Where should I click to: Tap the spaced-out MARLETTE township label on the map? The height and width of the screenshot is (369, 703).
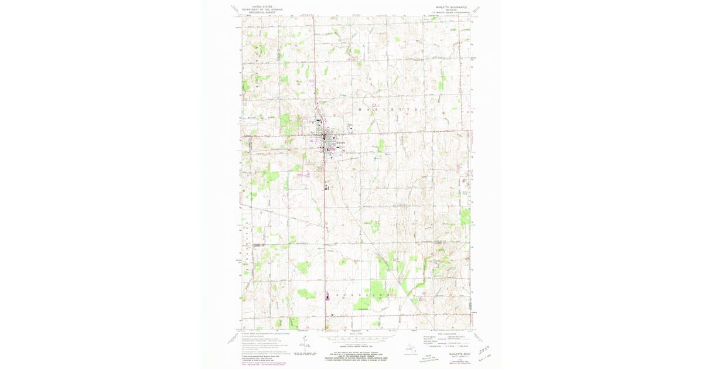click(x=390, y=110)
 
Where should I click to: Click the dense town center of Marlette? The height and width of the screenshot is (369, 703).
click(x=326, y=139)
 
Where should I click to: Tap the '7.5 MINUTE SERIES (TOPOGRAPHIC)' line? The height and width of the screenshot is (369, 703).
click(x=452, y=12)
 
